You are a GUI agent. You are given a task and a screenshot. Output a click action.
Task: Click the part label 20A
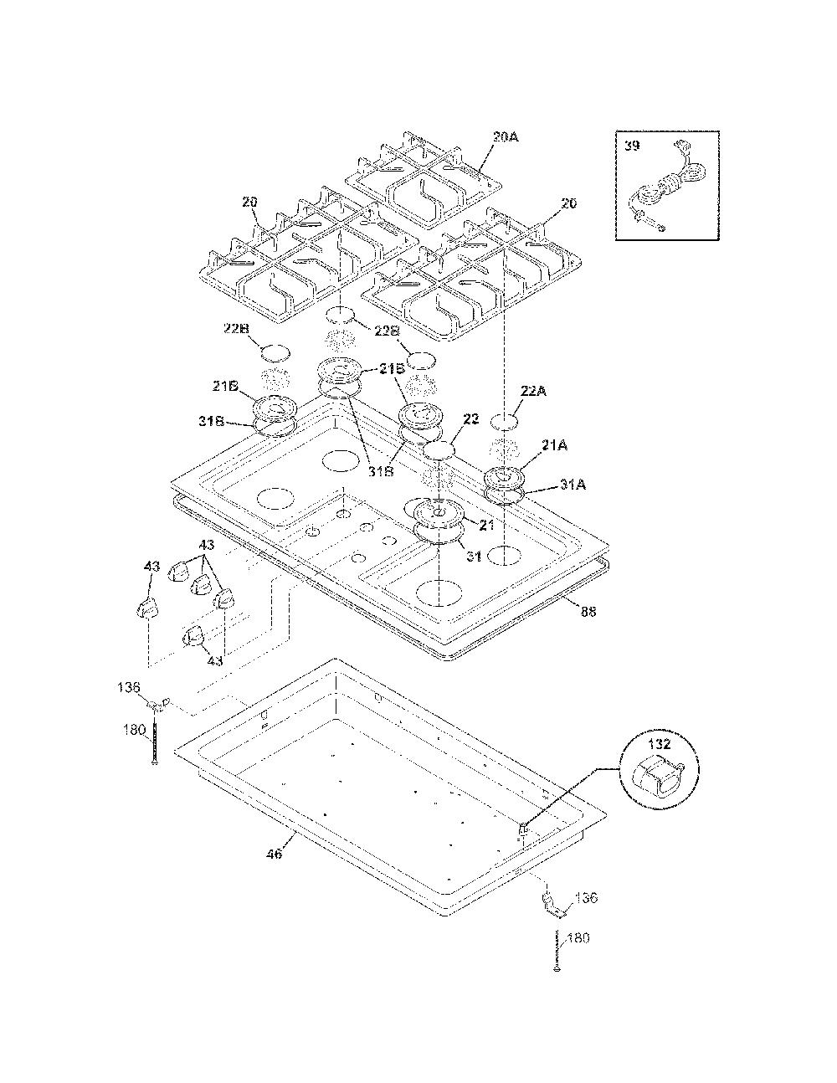point(506,136)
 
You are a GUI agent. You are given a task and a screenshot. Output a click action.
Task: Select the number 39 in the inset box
point(632,146)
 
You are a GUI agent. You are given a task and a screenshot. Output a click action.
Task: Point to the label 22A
point(533,391)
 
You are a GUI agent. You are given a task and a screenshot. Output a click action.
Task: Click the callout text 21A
point(554,444)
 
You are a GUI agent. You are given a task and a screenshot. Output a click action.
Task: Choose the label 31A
point(573,484)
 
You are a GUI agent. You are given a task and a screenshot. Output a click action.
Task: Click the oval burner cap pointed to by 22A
point(504,421)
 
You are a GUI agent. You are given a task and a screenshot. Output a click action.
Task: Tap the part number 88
point(588,611)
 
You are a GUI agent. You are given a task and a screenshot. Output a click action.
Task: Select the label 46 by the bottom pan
point(274,854)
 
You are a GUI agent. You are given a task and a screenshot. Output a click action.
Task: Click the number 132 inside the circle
point(660,745)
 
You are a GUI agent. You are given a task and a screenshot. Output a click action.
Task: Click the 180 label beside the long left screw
point(136,730)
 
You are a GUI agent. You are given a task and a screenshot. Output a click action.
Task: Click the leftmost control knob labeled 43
point(147,607)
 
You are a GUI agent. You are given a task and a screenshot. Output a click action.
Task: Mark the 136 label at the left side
point(129,688)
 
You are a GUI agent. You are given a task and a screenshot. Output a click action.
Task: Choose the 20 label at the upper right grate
point(568,203)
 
